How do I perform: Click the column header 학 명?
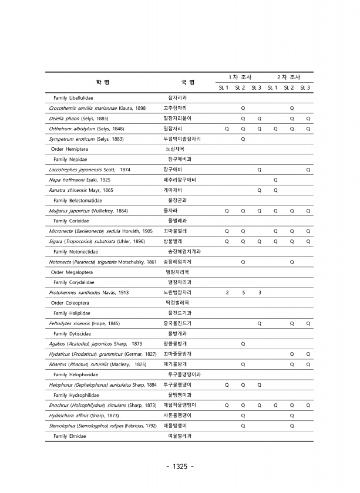(103, 82)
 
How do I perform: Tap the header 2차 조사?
(288, 77)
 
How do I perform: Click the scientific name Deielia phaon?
(64, 119)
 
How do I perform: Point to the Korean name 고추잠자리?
(176, 109)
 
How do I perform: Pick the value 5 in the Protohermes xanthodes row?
(243, 292)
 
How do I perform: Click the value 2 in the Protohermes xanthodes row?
(227, 292)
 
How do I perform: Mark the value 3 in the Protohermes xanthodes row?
(260, 292)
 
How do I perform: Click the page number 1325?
(180, 467)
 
